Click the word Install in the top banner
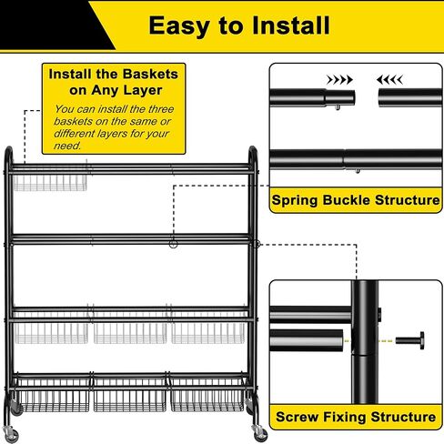pos(290,25)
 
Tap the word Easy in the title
pos(179,26)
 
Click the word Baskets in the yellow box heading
pos(150,74)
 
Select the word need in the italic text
pos(67,146)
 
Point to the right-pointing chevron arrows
pos(339,80)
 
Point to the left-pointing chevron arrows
pos(389,80)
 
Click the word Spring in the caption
pos(295,200)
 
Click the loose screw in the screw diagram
pos(409,340)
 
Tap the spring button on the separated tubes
pos(338,107)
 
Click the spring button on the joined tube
pos(358,171)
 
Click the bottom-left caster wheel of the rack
pos(12,435)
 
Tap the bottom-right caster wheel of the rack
pos(260,433)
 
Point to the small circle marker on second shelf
pos(173,244)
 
